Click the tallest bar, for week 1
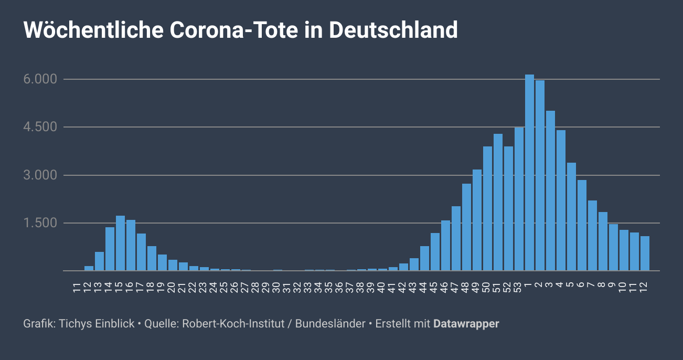tap(529, 173)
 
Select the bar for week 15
tap(120, 243)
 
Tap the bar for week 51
tap(498, 203)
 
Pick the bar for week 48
tap(466, 227)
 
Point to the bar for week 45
tap(435, 252)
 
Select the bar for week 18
tap(152, 259)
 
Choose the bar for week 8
tap(603, 241)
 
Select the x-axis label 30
tap(278, 287)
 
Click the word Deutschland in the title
tap(393, 30)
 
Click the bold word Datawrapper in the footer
tap(466, 324)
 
